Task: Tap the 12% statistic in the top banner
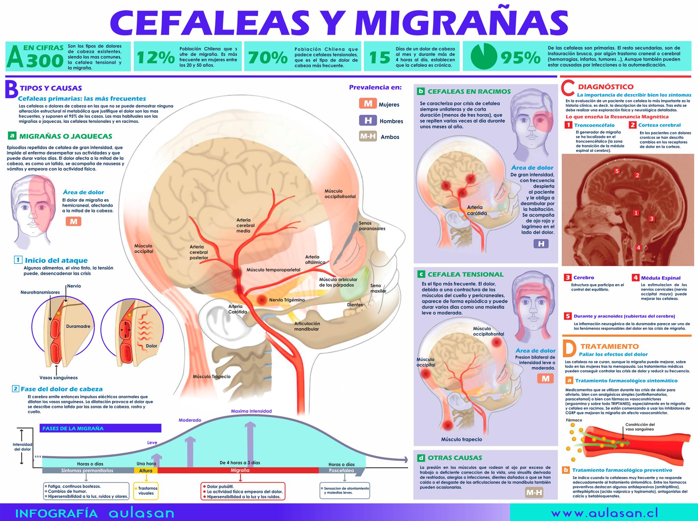[x=156, y=57]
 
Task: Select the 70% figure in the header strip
[x=268, y=57]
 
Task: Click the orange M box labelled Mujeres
[x=368, y=103]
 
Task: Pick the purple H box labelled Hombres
[x=368, y=120]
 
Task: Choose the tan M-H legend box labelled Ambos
[x=368, y=136]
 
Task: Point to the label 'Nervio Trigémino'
[x=287, y=300]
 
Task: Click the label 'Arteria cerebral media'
[x=245, y=225]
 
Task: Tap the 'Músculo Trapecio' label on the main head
[x=212, y=377]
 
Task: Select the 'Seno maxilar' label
[x=378, y=288]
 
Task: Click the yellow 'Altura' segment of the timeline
[x=146, y=470]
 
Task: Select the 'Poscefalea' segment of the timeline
[x=342, y=471]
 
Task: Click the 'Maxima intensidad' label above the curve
[x=251, y=411]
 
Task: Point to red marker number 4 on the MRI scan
[x=638, y=248]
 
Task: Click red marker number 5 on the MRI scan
[x=617, y=171]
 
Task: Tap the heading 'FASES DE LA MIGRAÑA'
[x=73, y=428]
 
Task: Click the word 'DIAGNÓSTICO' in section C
[x=606, y=87]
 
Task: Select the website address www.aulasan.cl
[x=605, y=513]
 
